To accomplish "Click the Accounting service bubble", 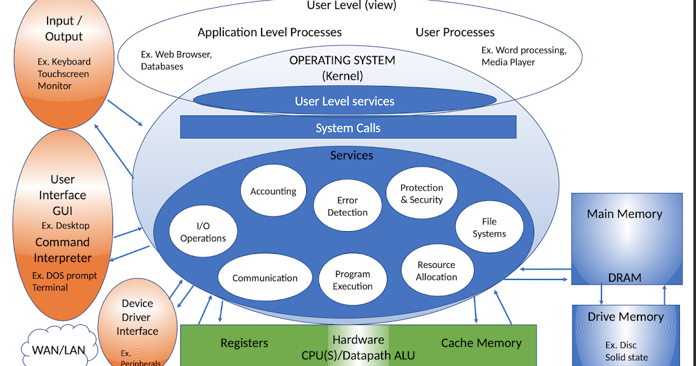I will pos(273,191).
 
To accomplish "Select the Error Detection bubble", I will pos(347,206).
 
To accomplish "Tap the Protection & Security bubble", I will pos(422,193).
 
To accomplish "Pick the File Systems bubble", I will pos(489,228).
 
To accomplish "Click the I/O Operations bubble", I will pos(203,232).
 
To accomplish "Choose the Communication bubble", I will pos(264,278).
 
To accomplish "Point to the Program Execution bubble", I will pos(353,280).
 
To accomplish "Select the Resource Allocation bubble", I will pos(437,271).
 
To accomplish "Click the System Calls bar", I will pos(348,127).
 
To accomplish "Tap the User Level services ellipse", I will pos(345,101).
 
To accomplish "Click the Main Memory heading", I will pos(624,214).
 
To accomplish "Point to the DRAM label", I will pos(625,278).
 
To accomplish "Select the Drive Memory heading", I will pos(625,317).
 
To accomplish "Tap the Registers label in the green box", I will pos(244,343).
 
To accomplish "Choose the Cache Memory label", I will pos(481,343).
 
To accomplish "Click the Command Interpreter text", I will pos(63,250).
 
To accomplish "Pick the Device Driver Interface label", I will pos(137,317).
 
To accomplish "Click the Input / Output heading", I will pos(64,29).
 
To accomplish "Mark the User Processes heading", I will pos(455,32).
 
